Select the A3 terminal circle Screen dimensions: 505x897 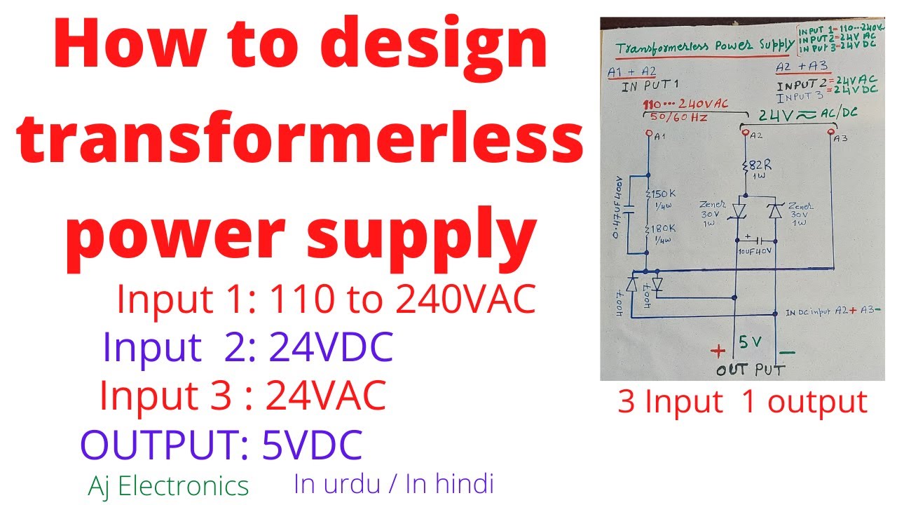[x=832, y=131]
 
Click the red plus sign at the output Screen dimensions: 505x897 [x=718, y=350]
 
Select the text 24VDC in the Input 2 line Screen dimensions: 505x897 [x=330, y=347]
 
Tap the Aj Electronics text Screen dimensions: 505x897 [x=168, y=485]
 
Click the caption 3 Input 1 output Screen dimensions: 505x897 [x=742, y=402]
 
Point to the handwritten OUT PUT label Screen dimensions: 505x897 [x=750, y=369]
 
